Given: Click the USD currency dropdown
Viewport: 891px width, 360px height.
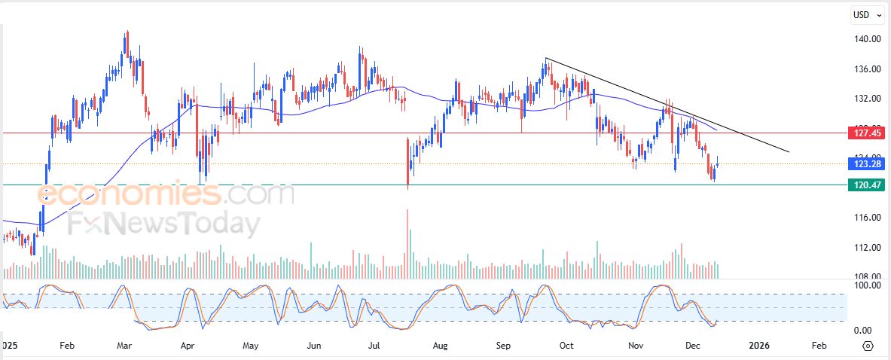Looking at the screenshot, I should pos(864,14).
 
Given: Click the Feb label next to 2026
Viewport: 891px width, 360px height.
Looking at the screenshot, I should pos(819,346).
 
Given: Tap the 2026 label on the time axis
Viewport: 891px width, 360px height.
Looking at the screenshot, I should pos(759,346).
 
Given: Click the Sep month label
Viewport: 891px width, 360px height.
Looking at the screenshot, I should pos(504,346).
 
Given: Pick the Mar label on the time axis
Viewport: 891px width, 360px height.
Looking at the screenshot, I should pos(125,346).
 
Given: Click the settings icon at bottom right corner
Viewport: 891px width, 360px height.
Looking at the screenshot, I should pos(868,346).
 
